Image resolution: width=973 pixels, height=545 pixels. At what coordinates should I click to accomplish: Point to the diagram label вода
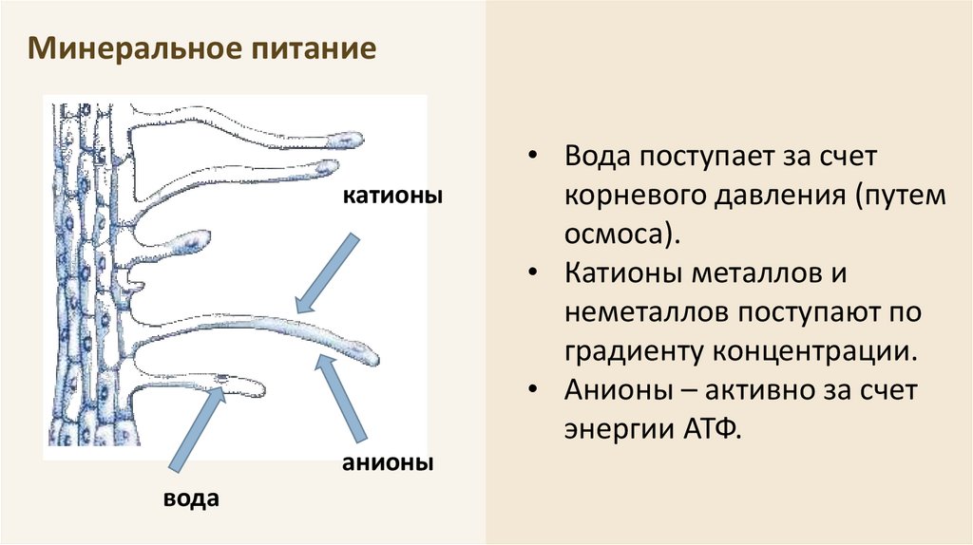[192, 498]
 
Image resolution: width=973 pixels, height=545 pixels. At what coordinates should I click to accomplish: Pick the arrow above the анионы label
[342, 398]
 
